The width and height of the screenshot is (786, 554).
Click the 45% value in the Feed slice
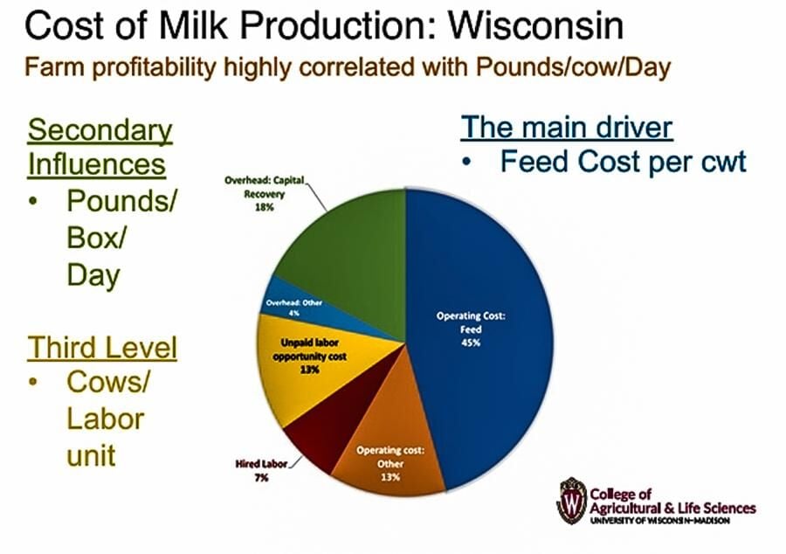(472, 343)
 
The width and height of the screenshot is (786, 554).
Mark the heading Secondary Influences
(100, 147)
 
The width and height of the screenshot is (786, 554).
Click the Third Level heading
(102, 348)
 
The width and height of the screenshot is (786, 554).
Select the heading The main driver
(567, 128)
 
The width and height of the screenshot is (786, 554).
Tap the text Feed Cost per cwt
(623, 163)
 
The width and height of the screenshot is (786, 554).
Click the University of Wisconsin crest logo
(571, 500)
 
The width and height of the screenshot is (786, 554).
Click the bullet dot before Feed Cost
(469, 163)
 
